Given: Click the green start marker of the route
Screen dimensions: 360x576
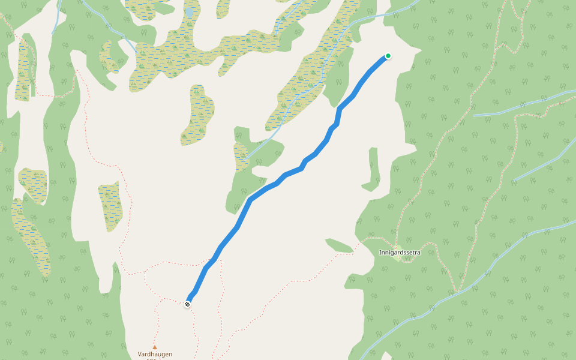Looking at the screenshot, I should pos(388,56).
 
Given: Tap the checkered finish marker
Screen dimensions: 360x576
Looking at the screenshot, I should pos(188,304).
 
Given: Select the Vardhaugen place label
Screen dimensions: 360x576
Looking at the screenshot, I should pos(155,354).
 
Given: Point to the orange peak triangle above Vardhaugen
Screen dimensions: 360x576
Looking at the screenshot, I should pos(154,347).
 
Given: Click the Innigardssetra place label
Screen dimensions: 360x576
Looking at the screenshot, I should pos(400,253).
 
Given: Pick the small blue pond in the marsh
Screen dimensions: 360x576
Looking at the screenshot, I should pos(190,13).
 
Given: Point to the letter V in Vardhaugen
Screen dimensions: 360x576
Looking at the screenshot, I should pos(140,354).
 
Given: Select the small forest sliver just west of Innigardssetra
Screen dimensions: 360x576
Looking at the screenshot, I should pos(339,245).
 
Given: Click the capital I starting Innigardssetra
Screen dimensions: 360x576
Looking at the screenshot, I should pos(380,253).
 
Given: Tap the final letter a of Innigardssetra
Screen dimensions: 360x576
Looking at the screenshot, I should pos(419,253).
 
